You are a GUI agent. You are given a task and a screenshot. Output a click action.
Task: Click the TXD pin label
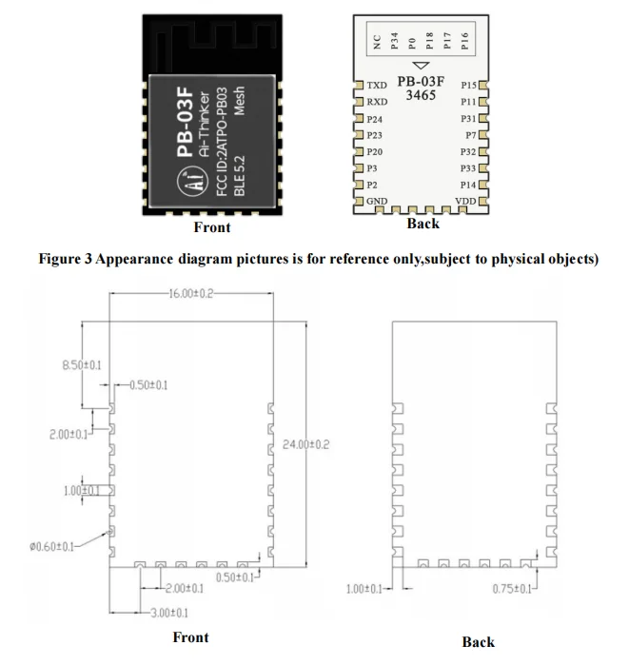point(377,86)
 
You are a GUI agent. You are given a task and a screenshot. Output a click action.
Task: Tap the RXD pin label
point(377,102)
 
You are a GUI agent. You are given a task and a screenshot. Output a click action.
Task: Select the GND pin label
point(377,202)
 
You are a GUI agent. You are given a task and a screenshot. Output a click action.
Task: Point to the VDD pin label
point(466,202)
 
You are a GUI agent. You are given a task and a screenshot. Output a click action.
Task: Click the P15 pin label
point(468,86)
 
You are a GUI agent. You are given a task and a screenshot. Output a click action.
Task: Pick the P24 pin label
point(375,120)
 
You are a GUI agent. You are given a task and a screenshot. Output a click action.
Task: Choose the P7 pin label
point(471,136)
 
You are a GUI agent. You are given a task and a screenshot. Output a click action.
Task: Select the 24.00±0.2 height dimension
point(305,444)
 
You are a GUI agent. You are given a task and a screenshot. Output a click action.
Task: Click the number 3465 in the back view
point(422,98)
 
